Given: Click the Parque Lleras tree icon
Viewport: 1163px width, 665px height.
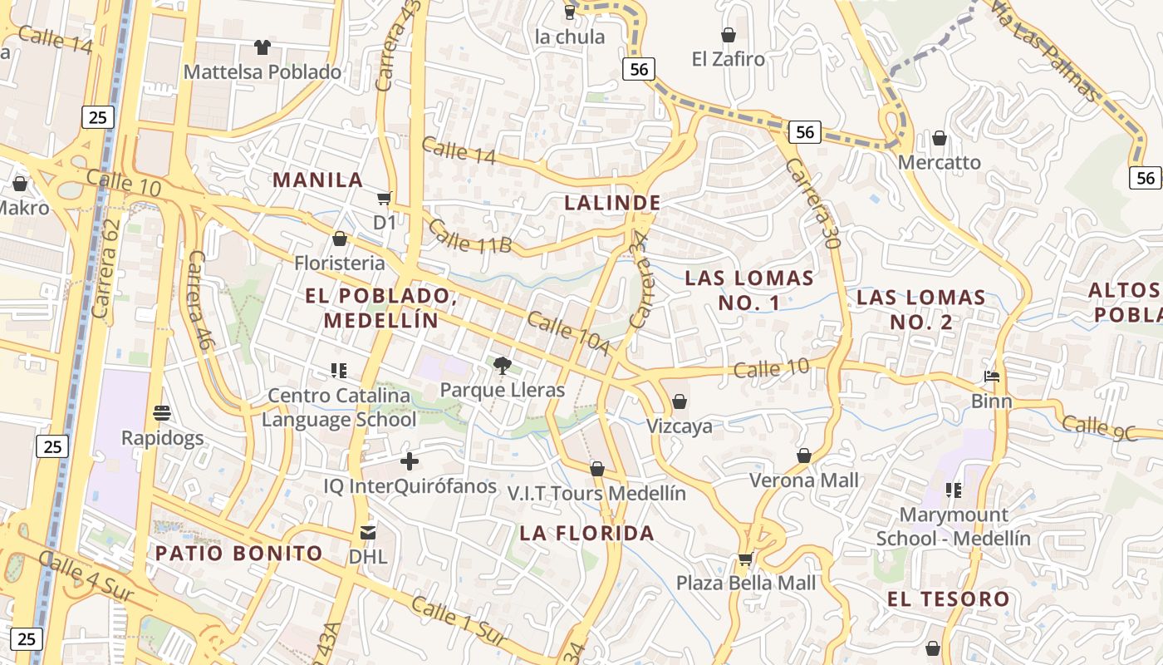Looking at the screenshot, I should (x=502, y=365).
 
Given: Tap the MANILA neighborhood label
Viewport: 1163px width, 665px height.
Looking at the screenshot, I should (x=318, y=180).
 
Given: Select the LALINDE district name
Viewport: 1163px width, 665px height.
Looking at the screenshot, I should (x=613, y=203).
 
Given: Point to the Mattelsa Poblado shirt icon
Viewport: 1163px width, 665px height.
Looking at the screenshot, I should (x=263, y=47).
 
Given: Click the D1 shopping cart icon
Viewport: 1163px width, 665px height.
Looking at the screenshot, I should (x=384, y=198).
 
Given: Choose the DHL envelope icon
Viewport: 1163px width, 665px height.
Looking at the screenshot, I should (x=367, y=532).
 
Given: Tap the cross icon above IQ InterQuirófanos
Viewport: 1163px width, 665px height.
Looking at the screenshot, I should (x=410, y=461).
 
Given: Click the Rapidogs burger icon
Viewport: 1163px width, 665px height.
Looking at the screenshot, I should (x=162, y=413).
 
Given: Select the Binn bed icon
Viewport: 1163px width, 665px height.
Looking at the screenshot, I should (x=992, y=377).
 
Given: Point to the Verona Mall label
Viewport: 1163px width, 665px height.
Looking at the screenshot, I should (x=804, y=480).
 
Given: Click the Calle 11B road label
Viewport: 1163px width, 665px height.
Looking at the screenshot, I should (x=470, y=236).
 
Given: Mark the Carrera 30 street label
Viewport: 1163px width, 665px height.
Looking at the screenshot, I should (x=810, y=204).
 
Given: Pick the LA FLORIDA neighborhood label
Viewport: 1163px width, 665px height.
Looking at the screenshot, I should (x=587, y=534).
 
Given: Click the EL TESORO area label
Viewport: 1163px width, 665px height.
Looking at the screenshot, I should (x=948, y=599).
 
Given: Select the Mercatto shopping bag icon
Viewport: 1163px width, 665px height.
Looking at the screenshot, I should (x=940, y=138).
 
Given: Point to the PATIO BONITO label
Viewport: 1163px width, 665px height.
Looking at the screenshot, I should (x=239, y=554).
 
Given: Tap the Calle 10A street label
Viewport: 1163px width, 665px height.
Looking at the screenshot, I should (x=568, y=333).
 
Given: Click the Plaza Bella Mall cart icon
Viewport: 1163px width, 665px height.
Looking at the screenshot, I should (x=746, y=559).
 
